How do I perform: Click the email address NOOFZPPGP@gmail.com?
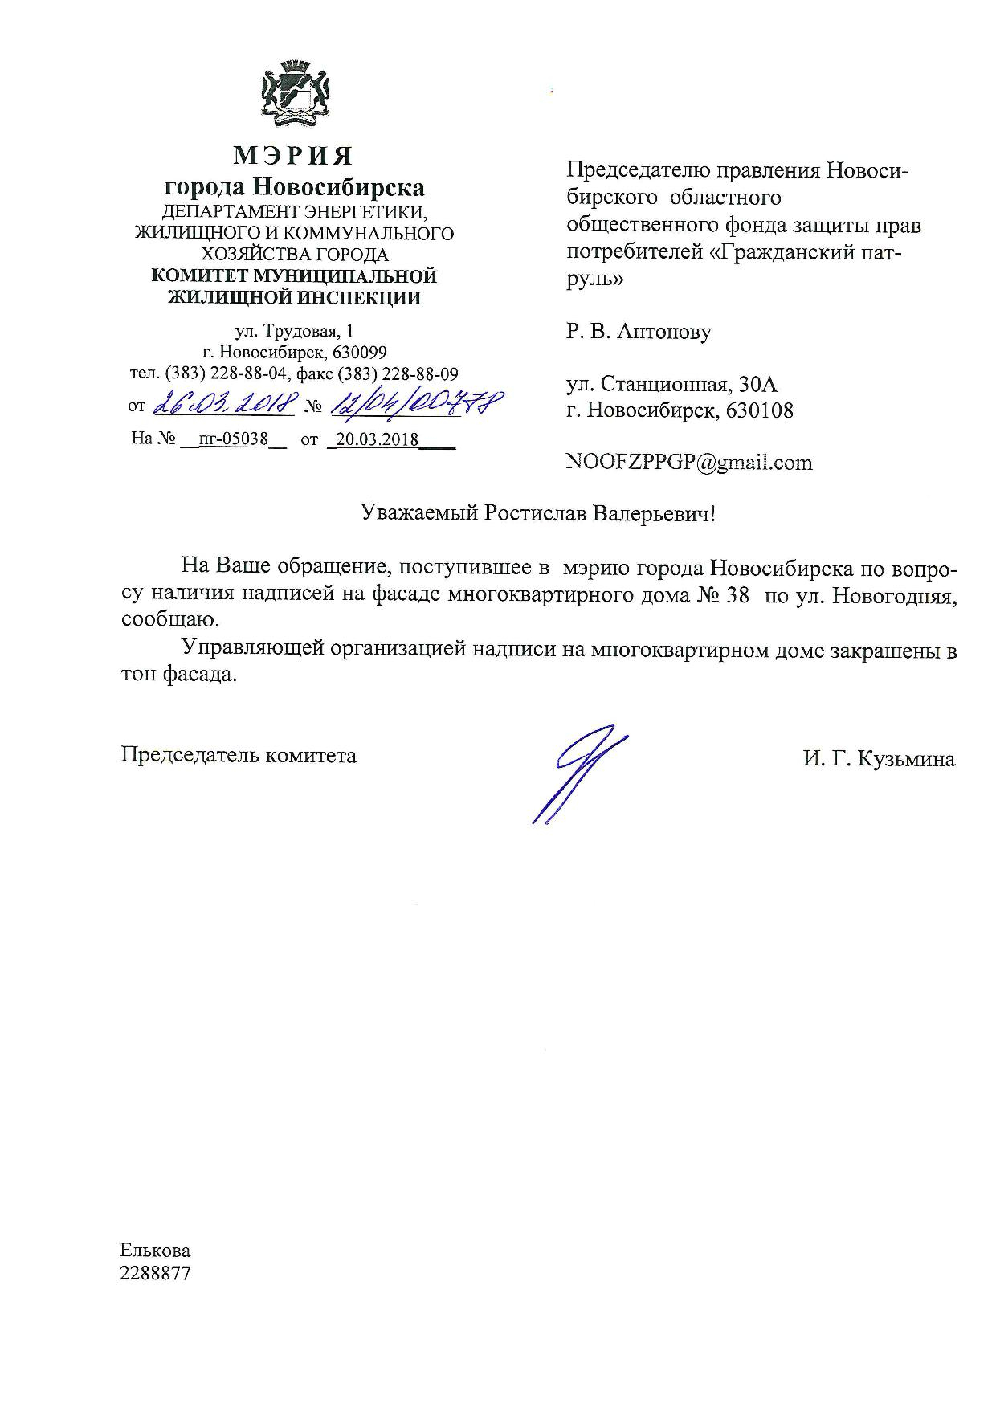pyautogui.click(x=689, y=463)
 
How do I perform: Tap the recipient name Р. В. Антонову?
pyautogui.click(x=639, y=331)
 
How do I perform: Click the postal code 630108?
pyautogui.click(x=759, y=410)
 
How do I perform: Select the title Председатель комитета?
pyautogui.click(x=239, y=755)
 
